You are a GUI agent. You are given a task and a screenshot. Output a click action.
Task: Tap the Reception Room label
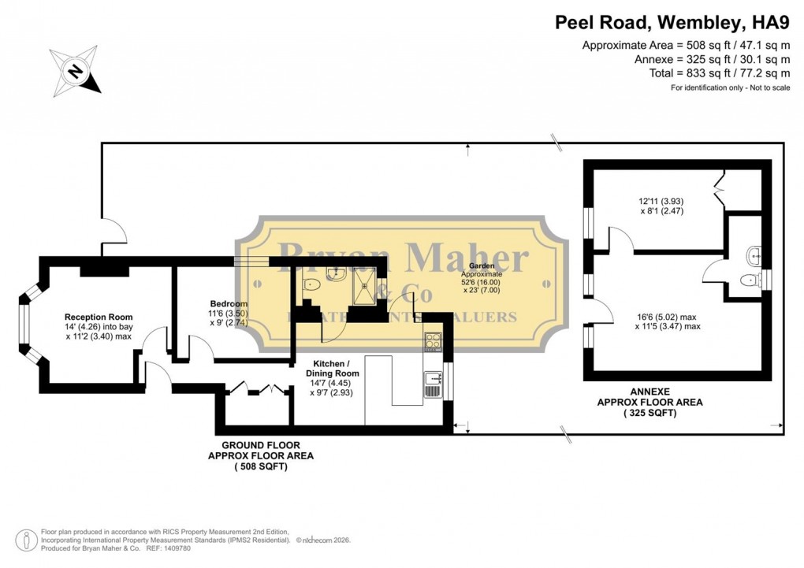coord(99,317)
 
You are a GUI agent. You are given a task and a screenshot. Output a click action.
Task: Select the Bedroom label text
coord(229,303)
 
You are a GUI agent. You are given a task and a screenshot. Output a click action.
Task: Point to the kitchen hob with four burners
coord(433,342)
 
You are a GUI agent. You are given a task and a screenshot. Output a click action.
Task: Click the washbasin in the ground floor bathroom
coord(336,273)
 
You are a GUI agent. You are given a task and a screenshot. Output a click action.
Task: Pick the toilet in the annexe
coord(749,279)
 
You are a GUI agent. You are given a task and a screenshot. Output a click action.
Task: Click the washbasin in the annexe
coord(754,254)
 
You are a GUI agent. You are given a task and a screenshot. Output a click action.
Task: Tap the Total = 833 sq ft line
coord(711,73)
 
